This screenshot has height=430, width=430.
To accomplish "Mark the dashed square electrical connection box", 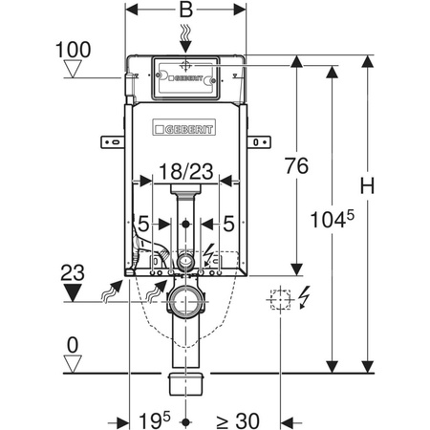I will click(279, 299).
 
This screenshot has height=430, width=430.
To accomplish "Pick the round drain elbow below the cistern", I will click(185, 303).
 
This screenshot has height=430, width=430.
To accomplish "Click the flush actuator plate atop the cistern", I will click(186, 75).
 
